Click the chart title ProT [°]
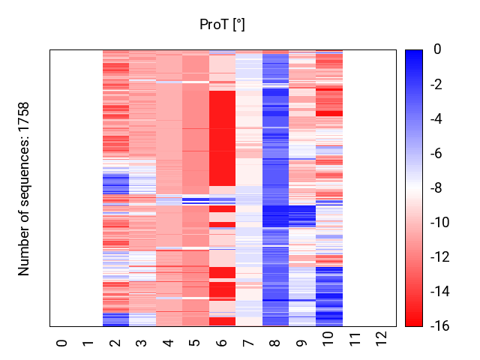[x=222, y=25]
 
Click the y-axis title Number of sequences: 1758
[x=23, y=189]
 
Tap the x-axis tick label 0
[x=61, y=343]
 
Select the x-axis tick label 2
[x=115, y=343]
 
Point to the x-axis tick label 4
[x=168, y=343]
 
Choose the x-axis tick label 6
[x=222, y=343]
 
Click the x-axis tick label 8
[x=275, y=343]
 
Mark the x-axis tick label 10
[x=328, y=338]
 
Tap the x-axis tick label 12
[x=382, y=338]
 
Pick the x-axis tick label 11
[x=355, y=339]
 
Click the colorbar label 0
[x=437, y=49]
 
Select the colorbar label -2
[x=436, y=84]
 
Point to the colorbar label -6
[x=436, y=153]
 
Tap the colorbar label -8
[x=436, y=187]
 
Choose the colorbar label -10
[x=440, y=222]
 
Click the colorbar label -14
[x=440, y=292]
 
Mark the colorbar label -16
[x=440, y=326]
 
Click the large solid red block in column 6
[x=222, y=138]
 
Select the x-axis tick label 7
[x=248, y=343]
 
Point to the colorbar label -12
[x=440, y=256]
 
